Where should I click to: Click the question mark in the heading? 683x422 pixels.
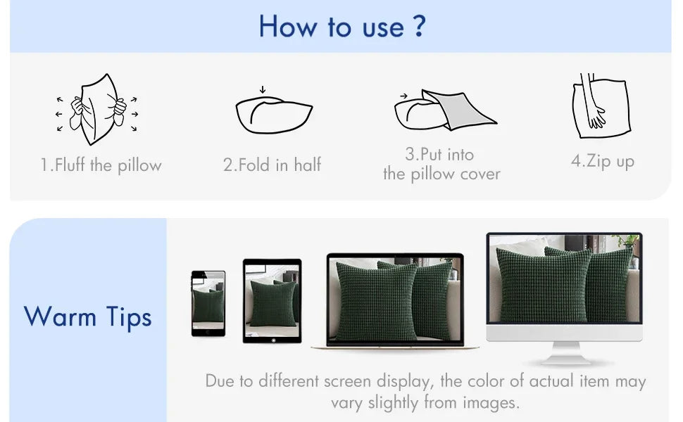pos(418,25)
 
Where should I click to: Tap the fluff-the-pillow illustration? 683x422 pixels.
pos(97,109)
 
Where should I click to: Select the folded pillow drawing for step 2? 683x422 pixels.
pos(273,115)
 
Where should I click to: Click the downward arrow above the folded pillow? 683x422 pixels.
pos(262,89)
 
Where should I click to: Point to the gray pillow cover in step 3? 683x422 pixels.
pos(458,110)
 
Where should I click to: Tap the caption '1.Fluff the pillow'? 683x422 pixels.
pos(101,165)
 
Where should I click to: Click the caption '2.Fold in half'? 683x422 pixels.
pos(272,165)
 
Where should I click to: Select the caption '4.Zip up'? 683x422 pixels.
pos(603,161)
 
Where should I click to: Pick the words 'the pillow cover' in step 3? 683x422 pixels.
pos(441,174)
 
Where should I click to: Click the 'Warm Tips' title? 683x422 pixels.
pos(87,316)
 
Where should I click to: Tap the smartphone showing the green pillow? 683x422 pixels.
pos(208,303)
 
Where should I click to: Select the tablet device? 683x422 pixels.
pos(272,301)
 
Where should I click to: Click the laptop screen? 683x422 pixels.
pos(395,299)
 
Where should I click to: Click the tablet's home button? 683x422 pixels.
pos(273,340)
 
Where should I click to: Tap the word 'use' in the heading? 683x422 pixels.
pos(383,28)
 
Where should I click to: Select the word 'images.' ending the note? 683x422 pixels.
pos(491,402)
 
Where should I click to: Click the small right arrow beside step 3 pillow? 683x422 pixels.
pos(403,96)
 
